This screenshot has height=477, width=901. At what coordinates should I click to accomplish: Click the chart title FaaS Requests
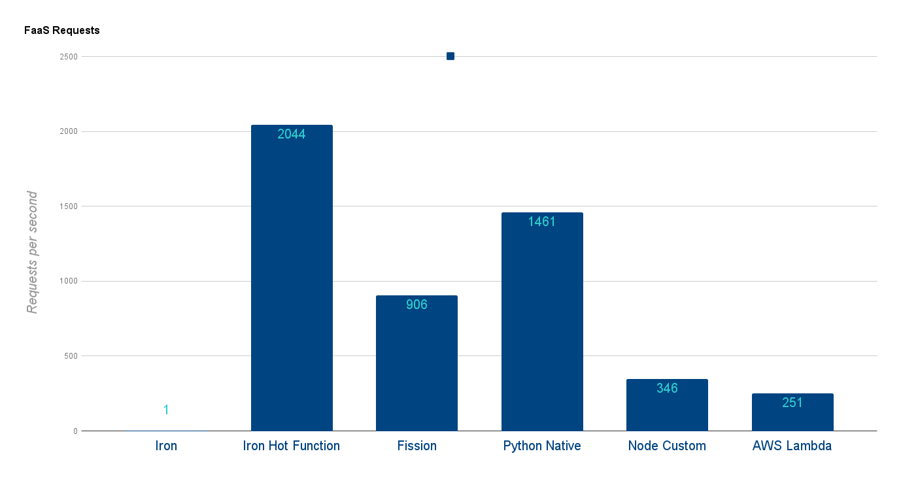coord(61,30)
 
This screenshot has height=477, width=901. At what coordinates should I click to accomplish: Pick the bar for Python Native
coord(542,327)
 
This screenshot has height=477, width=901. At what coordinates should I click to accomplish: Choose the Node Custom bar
coord(667,408)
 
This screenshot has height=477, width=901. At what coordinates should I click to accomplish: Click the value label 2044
coord(292,135)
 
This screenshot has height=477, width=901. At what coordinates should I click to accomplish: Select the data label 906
coord(416,304)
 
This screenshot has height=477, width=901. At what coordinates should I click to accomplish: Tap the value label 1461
coord(542,222)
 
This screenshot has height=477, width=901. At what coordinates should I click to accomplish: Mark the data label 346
coord(667,388)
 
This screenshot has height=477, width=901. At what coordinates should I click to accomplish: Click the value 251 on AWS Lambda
coord(792,403)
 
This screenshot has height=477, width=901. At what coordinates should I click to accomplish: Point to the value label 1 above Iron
coord(166,410)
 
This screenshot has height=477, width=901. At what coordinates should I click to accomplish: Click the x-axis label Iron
coord(166,446)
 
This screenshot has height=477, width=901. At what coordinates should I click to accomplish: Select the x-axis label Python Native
coord(542,446)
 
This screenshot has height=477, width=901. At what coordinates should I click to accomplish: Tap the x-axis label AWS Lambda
coord(792,446)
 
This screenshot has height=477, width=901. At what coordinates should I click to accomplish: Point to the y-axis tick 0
coord(75,431)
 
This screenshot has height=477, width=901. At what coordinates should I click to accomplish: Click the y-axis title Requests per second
coord(32,252)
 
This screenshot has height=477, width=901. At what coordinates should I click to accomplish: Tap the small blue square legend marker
coord(450,56)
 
